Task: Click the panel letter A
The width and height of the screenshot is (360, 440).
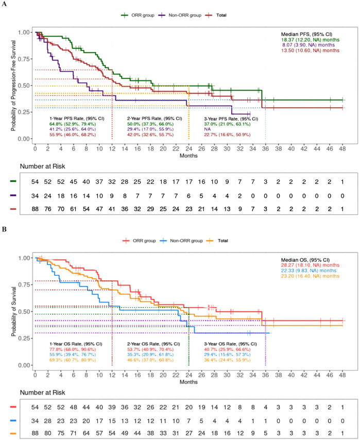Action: [4, 4]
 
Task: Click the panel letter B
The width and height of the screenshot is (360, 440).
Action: [4, 229]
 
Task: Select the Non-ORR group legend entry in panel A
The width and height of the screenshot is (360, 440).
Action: [180, 15]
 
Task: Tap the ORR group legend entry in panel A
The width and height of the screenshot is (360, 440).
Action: [138, 15]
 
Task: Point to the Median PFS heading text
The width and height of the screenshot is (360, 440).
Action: [306, 34]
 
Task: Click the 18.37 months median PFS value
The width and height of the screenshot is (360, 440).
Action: [311, 40]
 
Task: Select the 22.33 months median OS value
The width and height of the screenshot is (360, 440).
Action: [308, 270]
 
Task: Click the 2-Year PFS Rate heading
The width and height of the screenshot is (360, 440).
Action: [155, 119]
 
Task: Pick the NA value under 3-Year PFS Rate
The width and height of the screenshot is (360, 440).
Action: [207, 129]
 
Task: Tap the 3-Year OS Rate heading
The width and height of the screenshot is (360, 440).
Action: [230, 344]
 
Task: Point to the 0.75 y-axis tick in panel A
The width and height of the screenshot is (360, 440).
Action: [24, 59]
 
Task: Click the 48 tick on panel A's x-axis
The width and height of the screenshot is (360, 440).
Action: [342, 148]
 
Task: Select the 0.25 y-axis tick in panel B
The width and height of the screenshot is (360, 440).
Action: [24, 338]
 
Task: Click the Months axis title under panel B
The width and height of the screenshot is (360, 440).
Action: [188, 382]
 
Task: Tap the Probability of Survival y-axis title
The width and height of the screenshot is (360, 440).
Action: [13, 312]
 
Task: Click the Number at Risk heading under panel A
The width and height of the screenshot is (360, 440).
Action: [42, 166]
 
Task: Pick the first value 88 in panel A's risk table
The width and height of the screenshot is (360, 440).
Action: [35, 209]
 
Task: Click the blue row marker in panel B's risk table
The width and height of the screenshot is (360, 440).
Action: [13, 420]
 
